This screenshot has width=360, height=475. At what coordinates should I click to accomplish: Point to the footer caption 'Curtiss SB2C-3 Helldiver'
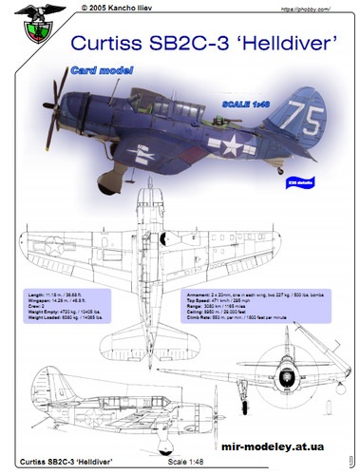click(66, 464)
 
